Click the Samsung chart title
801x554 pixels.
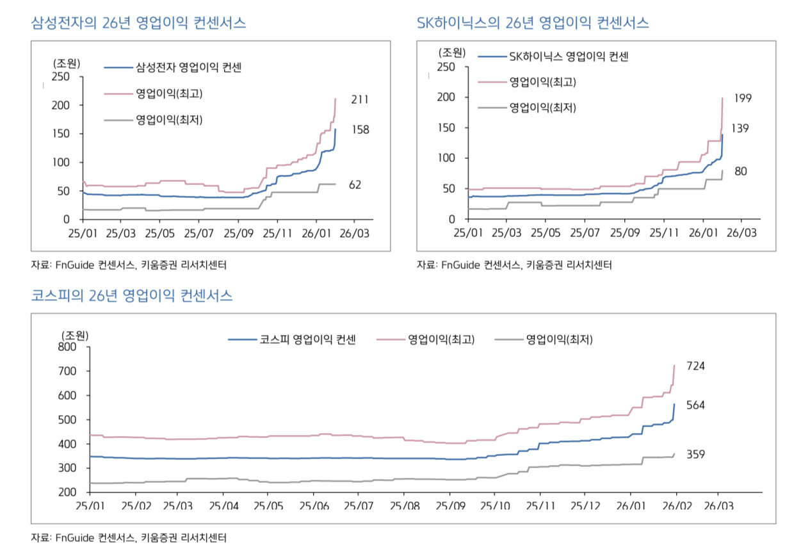(x=139, y=23)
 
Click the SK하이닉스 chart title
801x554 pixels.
(x=533, y=23)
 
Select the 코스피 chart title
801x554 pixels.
(x=132, y=295)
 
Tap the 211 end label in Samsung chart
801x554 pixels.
(x=360, y=99)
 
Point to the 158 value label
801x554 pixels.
(x=360, y=129)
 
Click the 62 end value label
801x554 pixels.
(x=355, y=184)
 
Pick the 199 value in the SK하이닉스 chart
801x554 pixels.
(x=743, y=98)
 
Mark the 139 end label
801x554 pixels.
(x=741, y=128)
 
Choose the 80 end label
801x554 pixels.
(x=740, y=171)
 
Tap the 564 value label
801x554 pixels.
(x=695, y=405)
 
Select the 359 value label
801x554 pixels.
(x=695, y=455)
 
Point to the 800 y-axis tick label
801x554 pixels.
(x=67, y=347)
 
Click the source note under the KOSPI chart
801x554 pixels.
(x=129, y=537)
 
